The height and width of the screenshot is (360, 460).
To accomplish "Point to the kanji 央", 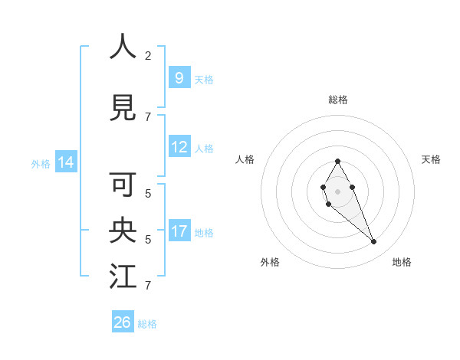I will point(123,231).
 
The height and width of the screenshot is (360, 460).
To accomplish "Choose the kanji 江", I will point(123,277).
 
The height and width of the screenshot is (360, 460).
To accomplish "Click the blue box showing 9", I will point(179,77).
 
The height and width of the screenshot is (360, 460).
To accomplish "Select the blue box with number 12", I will point(179,147).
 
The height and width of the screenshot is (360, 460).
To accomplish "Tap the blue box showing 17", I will point(179,231).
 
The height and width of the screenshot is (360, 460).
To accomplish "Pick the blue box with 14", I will point(65,162).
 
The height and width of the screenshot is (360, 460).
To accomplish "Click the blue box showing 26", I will point(123,322).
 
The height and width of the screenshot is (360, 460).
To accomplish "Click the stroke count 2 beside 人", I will point(148,55).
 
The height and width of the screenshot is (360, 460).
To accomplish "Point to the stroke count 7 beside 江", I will point(148,286).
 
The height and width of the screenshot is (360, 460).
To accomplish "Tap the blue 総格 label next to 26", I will point(147,324).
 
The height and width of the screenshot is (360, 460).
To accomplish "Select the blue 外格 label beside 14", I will point(40,163).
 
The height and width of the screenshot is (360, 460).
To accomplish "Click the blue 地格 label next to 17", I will point(204,232).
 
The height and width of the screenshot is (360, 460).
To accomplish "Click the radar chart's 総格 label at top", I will point(337,100).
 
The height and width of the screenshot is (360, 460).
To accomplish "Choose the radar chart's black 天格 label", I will point(431,159).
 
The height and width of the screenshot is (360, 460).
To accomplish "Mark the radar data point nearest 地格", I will point(373,242).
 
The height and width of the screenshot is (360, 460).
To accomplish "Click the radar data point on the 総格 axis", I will point(337,161).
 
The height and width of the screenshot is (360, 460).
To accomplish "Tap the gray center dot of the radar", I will point(337,191).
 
